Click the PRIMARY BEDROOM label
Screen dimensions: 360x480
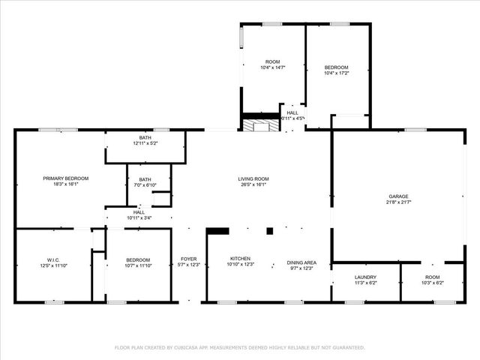tap(65, 178)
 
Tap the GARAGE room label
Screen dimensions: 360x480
tap(398, 196)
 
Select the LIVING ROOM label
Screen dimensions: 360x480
tap(253, 178)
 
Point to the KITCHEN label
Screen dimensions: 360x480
tap(240, 257)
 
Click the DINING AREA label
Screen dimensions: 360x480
tap(301, 262)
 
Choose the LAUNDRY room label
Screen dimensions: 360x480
tap(365, 277)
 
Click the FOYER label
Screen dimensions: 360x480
tap(187, 259)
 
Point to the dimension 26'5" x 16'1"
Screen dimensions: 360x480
tap(253, 184)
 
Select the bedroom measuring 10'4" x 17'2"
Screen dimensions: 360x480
tap(336, 70)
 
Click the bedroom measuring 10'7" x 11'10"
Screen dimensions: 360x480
tap(138, 262)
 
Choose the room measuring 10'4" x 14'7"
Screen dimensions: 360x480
tap(272, 64)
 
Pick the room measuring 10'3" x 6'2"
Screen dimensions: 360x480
tap(433, 280)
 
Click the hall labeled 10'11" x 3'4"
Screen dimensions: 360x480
tap(139, 215)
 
